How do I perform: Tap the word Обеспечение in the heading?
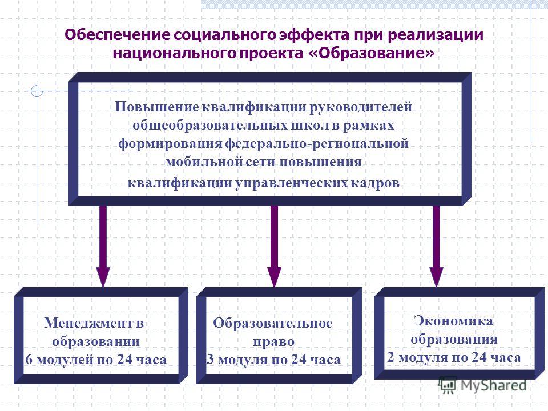(x=118, y=35)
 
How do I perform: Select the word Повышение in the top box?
(x=156, y=107)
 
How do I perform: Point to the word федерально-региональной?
(x=317, y=143)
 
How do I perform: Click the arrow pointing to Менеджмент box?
(x=103, y=246)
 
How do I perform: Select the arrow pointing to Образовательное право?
(x=274, y=246)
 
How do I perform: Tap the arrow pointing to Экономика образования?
(x=436, y=246)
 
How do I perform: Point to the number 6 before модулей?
(x=29, y=360)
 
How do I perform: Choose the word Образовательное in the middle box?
(x=273, y=323)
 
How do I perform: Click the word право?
(x=273, y=342)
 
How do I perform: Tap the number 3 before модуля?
(x=210, y=360)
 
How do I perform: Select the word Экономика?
(x=453, y=321)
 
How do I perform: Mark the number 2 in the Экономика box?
(x=390, y=357)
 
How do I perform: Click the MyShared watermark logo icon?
(x=448, y=385)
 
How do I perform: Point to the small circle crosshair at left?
(x=37, y=91)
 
